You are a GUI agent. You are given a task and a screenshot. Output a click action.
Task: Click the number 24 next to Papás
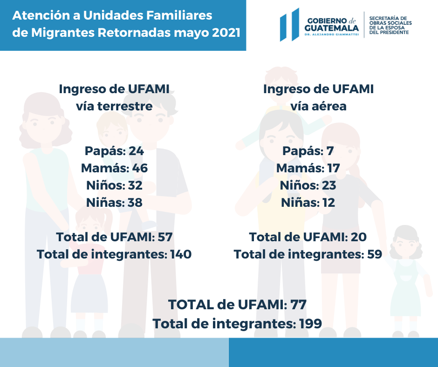136,151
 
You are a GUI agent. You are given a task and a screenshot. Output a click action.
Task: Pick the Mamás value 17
333,168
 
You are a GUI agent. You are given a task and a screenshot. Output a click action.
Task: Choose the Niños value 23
328,185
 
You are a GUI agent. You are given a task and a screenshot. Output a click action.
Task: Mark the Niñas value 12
328,203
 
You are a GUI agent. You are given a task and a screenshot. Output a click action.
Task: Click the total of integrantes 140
181,254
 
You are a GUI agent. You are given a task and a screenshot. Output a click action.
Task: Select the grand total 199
310,323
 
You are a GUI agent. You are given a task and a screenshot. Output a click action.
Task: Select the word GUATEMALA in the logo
331,27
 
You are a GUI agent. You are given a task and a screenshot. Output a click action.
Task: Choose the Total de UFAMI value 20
358,237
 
